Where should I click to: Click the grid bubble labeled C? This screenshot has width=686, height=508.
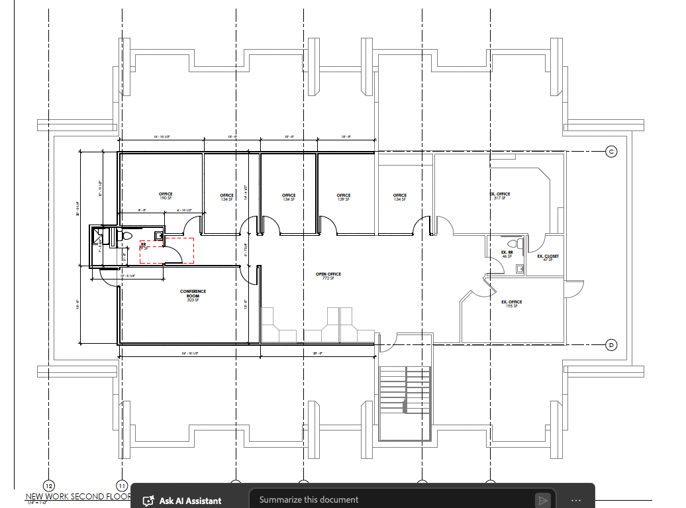(x=611, y=152)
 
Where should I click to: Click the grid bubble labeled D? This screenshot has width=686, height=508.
(x=611, y=344)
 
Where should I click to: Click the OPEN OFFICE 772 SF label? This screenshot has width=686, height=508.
(x=328, y=276)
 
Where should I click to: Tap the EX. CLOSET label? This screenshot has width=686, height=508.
(x=548, y=257)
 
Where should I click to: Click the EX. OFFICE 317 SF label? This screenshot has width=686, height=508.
(x=500, y=195)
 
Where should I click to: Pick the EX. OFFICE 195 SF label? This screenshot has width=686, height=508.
(x=511, y=303)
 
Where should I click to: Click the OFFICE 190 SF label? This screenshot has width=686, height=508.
(x=166, y=196)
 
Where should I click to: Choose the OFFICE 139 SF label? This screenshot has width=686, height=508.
(x=343, y=197)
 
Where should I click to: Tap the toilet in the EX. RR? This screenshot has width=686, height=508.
(x=520, y=244)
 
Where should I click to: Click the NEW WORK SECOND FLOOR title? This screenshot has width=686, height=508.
(x=77, y=496)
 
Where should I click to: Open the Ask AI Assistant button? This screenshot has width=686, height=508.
(x=183, y=500)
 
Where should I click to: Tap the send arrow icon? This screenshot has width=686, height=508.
(x=542, y=500)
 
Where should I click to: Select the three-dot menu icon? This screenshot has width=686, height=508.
(x=575, y=500)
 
